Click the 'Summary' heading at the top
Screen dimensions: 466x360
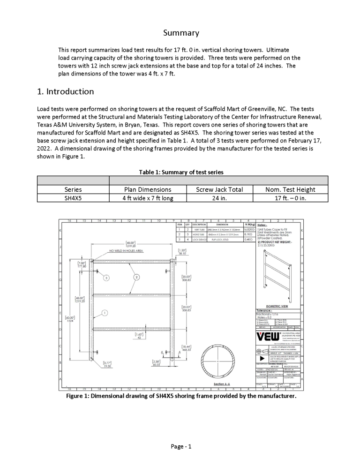[181, 33]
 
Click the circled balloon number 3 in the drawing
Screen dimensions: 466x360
[107, 278]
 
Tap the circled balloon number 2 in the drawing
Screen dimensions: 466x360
[136, 277]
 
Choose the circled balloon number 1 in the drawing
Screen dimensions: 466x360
[105, 313]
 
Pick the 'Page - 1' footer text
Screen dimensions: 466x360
[181, 446]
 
